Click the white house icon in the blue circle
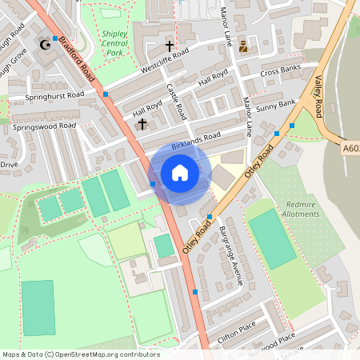pos(180,172)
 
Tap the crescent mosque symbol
pos(45,46)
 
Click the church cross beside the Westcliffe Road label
pos(169,46)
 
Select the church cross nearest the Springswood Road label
pos(142,124)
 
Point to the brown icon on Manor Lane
pos(244,46)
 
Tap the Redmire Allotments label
pos(302,209)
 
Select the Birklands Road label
pos(195,137)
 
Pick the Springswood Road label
pos(44,126)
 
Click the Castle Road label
pos(175,100)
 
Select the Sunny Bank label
pos(277,104)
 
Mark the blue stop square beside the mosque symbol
pos(54,38)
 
